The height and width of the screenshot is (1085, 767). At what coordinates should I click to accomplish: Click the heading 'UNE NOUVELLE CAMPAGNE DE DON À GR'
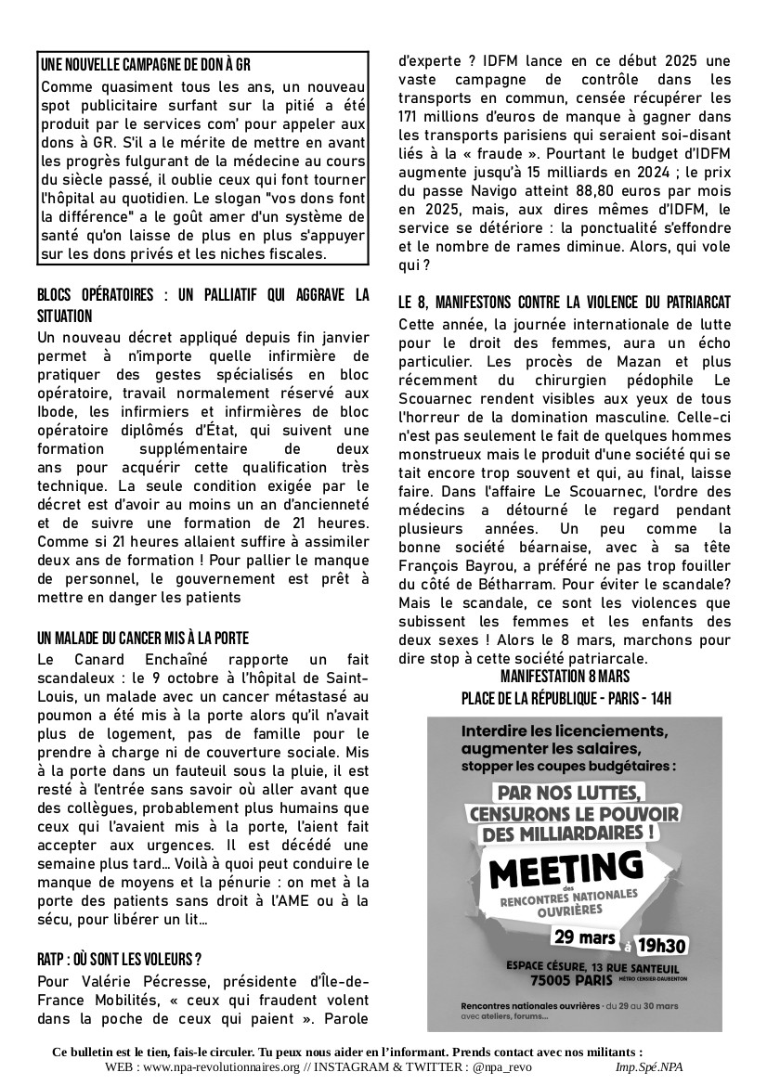[x=146, y=67]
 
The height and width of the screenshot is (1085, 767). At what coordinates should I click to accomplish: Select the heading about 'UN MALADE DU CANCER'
[x=144, y=639]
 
